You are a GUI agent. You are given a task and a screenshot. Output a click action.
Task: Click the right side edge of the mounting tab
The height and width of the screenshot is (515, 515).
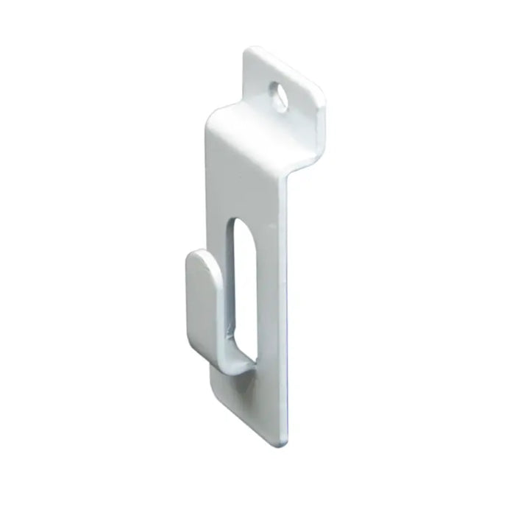(322, 118)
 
